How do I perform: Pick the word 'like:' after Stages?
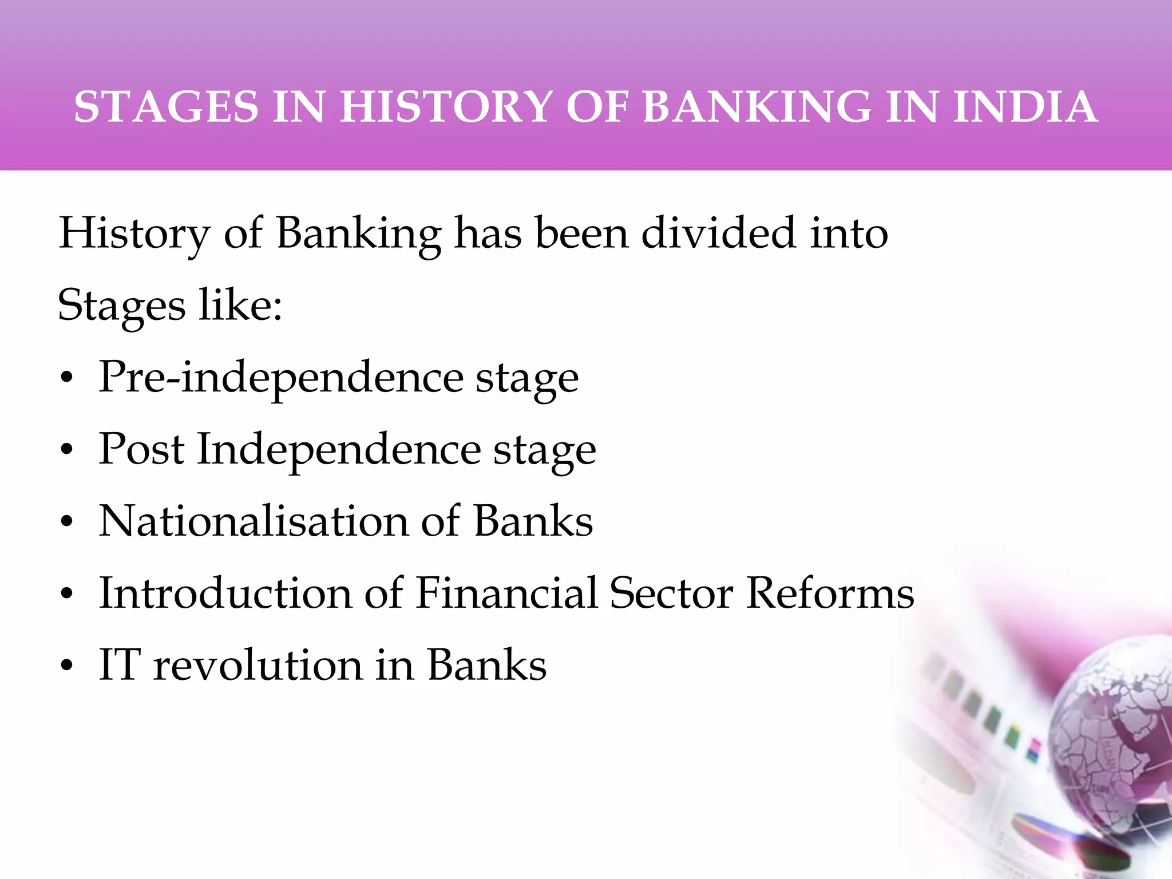pos(240,305)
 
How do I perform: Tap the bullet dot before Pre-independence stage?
pos(67,379)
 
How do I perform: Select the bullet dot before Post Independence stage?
pos(67,452)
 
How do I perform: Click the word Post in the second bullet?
pos(141,449)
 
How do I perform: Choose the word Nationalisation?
pos(254,521)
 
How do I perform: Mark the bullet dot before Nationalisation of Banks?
pos(67,524)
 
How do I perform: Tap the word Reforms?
pos(830,593)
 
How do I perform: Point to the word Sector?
pos(671,593)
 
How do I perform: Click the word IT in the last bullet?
pos(119,665)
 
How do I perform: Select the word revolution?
pos(258,665)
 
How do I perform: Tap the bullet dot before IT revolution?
pos(67,667)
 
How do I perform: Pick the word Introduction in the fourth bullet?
pos(225,593)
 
